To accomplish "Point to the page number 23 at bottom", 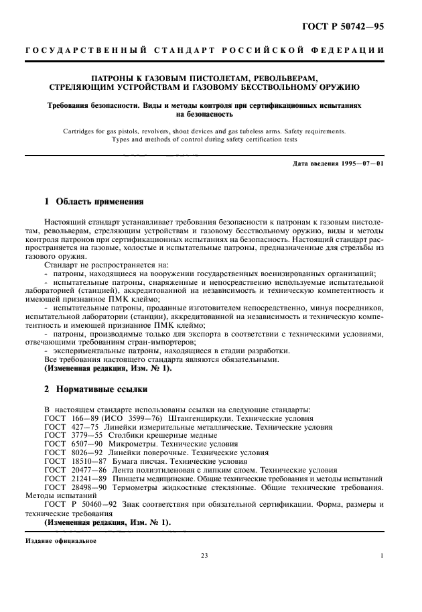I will pyautogui.click(x=204, y=555).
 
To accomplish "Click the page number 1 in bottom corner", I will pyautogui.click(x=381, y=555).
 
